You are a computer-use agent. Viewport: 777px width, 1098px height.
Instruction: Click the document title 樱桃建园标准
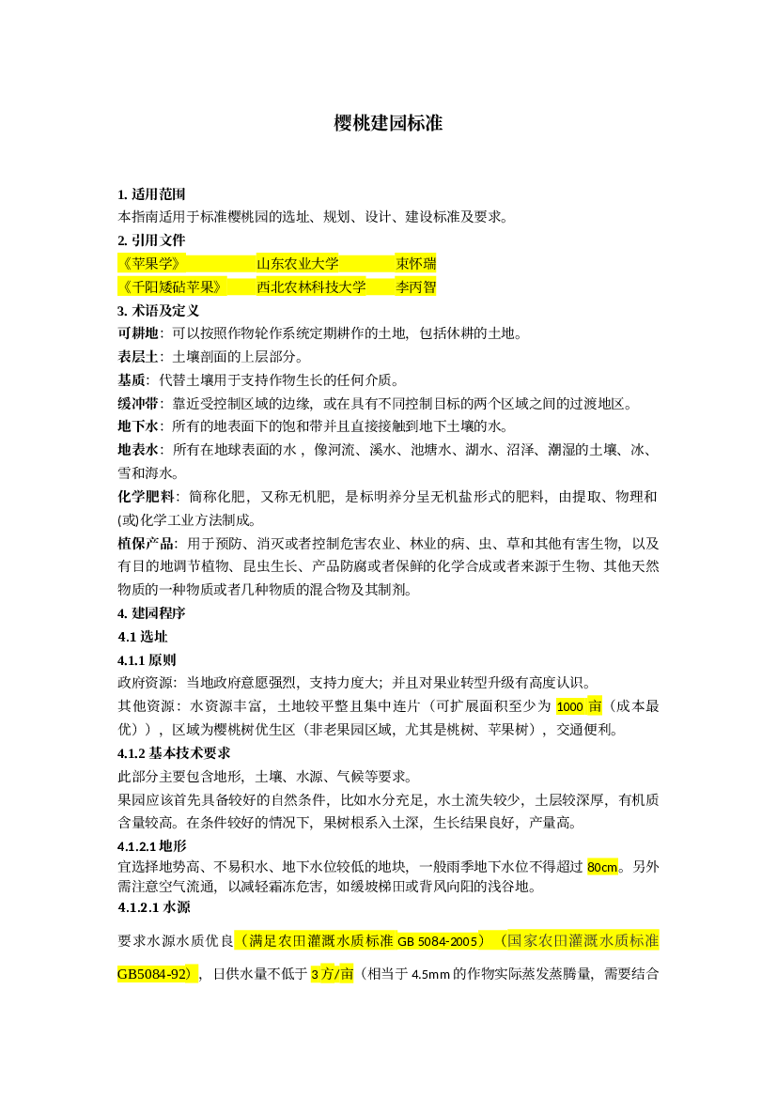(388, 123)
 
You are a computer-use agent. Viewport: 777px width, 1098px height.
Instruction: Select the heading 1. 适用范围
(151, 194)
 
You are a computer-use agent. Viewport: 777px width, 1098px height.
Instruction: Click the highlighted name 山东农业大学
(297, 263)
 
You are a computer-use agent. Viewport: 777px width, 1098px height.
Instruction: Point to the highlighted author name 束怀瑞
(415, 263)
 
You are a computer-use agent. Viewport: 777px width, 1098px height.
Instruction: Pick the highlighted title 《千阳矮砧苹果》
(170, 286)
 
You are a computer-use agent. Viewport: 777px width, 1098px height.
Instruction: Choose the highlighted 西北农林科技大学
(311, 286)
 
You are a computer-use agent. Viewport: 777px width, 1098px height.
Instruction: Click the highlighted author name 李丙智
(415, 286)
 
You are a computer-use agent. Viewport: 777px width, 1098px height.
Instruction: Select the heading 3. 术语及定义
(159, 310)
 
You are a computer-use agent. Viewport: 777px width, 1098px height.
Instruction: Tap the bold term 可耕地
(138, 333)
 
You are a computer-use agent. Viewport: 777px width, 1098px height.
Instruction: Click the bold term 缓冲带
(138, 403)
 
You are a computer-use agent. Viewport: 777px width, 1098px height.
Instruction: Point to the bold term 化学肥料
(145, 497)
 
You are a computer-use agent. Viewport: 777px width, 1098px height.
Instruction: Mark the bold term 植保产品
(145, 544)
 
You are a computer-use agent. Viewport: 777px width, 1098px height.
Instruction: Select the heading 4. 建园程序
(151, 612)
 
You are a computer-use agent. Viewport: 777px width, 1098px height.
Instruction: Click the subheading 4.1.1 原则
(147, 659)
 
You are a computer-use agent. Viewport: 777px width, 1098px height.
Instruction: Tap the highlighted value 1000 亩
(579, 706)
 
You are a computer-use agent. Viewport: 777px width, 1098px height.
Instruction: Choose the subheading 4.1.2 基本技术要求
(174, 752)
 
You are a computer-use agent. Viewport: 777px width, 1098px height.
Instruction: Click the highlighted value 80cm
(602, 867)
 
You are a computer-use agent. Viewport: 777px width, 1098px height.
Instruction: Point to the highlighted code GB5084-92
(155, 973)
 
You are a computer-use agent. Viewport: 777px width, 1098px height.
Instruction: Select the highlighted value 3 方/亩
(332, 973)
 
